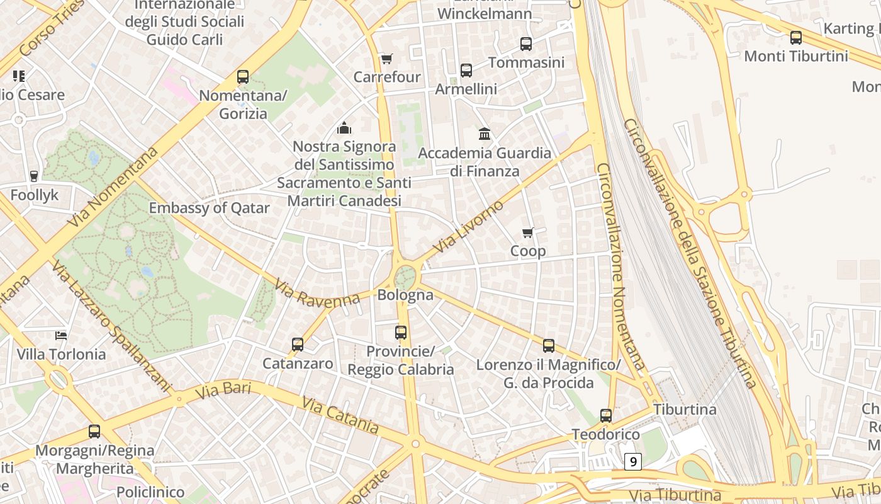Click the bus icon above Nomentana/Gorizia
pyautogui.click(x=243, y=77)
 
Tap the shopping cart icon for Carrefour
pyautogui.click(x=387, y=59)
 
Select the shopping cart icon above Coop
pyautogui.click(x=528, y=233)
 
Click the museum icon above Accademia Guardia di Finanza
pyautogui.click(x=485, y=134)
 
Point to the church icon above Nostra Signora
pyautogui.click(x=344, y=129)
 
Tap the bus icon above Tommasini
pyautogui.click(x=526, y=44)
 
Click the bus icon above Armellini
pyautogui.click(x=466, y=71)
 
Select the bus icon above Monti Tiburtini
pyautogui.click(x=796, y=38)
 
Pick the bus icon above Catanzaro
pyautogui.click(x=298, y=345)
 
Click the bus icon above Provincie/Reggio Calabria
pyautogui.click(x=401, y=333)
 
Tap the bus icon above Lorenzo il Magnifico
pyautogui.click(x=549, y=346)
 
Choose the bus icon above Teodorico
pyautogui.click(x=606, y=416)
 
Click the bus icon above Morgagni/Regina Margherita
pyautogui.click(x=94, y=432)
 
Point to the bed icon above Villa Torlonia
pyautogui.click(x=61, y=335)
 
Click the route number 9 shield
pyautogui.click(x=633, y=462)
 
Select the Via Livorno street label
pyautogui.click(x=468, y=227)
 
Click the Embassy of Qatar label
pyautogui.click(x=209, y=208)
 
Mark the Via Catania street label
pyautogui.click(x=340, y=415)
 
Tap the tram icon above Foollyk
pyautogui.click(x=34, y=176)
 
